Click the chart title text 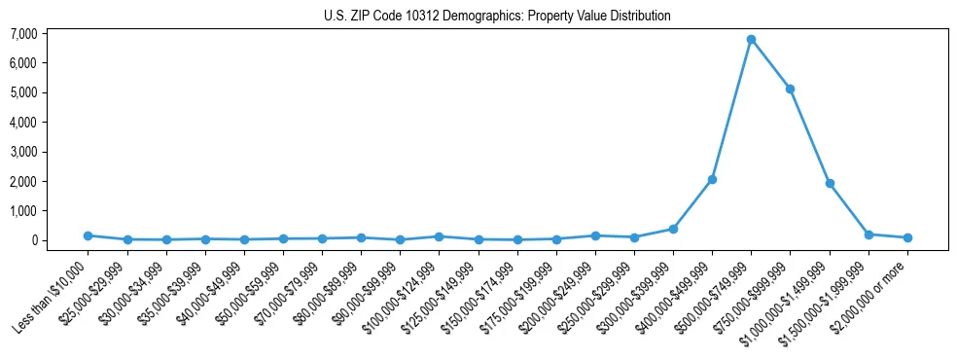pyautogui.click(x=497, y=17)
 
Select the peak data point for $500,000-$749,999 pyautogui.click(x=751, y=40)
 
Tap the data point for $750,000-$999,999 pyautogui.click(x=791, y=89)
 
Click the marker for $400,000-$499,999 pyautogui.click(x=712, y=179)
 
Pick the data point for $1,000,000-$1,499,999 pyautogui.click(x=830, y=183)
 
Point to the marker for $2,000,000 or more pyautogui.click(x=907, y=237)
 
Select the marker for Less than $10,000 pyautogui.click(x=88, y=235)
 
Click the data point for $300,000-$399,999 pyautogui.click(x=673, y=229)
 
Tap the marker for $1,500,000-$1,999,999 pyautogui.click(x=868, y=234)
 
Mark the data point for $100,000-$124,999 pyautogui.click(x=439, y=236)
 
